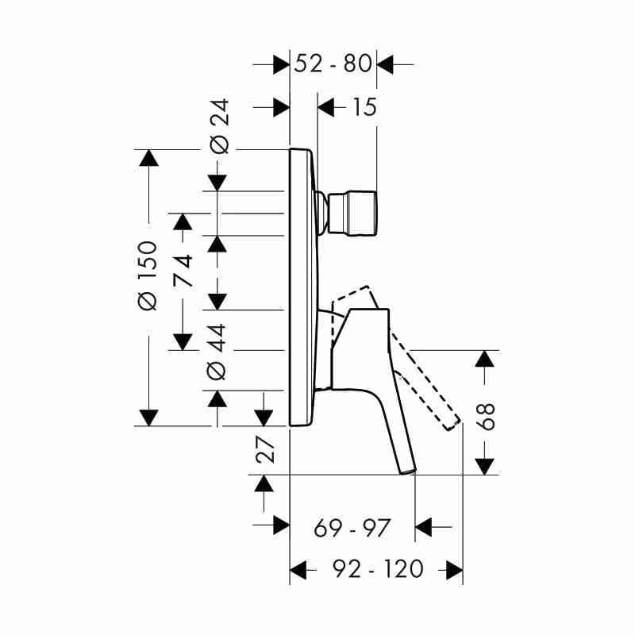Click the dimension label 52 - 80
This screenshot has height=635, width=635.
[x=333, y=63]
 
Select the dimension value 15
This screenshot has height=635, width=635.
[x=364, y=107]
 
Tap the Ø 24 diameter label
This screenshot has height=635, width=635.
[x=220, y=126]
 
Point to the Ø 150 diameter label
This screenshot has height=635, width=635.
[x=147, y=275]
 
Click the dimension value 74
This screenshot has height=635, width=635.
[x=183, y=271]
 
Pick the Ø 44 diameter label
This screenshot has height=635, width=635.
[x=216, y=352]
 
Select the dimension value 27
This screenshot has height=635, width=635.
[x=266, y=449]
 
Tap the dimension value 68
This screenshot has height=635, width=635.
[x=485, y=416]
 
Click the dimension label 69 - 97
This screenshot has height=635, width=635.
[x=352, y=528]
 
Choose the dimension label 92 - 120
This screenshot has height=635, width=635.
[x=378, y=568]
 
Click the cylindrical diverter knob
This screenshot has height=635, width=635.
[x=352, y=213]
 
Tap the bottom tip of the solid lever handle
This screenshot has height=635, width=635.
[x=408, y=471]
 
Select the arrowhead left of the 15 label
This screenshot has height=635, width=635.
[x=326, y=107]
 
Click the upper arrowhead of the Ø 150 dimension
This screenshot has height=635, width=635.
[x=148, y=158]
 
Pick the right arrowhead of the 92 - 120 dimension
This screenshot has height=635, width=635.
[x=454, y=570]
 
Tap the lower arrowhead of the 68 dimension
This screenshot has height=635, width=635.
[x=485, y=466]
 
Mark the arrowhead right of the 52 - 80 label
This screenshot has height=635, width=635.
[x=385, y=64]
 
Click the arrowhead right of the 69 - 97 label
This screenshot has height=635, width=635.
[x=424, y=527]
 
